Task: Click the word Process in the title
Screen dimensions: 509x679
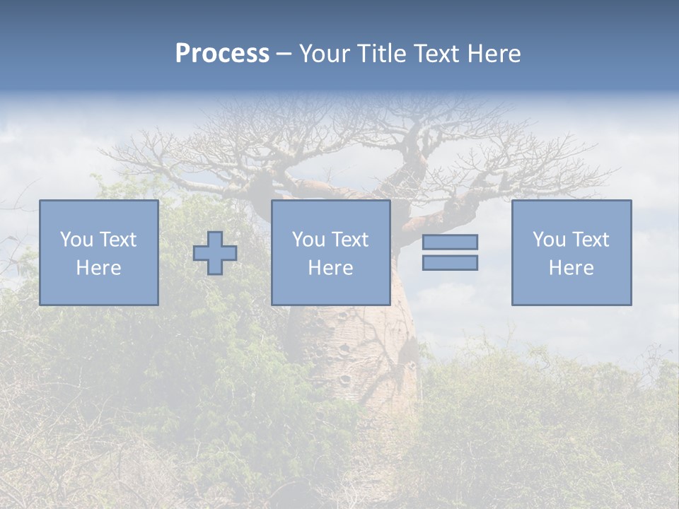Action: coord(222,54)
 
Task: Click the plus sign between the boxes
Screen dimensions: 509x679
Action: coord(215,253)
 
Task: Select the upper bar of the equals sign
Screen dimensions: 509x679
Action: coord(450,242)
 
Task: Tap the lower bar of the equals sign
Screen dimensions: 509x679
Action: coord(450,262)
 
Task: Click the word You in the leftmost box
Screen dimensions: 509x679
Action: coord(76,240)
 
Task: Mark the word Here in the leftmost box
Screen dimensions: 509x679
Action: coord(98,268)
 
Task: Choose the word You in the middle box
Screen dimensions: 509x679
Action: coord(308,240)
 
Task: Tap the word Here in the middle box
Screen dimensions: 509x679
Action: coord(330,268)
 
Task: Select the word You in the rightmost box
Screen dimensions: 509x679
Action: coord(548,240)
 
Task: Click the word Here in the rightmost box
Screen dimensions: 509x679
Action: coord(571,268)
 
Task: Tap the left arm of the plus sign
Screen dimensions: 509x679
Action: coord(200,253)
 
